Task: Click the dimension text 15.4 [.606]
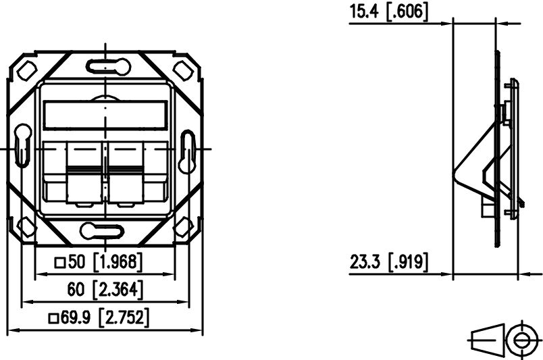coord(388,11)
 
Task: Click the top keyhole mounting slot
coord(106,66)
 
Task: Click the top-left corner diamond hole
coord(28,70)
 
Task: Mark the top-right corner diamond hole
coord(184,70)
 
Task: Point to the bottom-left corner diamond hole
coord(28,226)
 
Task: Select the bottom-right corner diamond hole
coord(184,227)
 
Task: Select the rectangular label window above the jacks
coord(105,115)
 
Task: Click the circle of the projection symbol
coord(520,340)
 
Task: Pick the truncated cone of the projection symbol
coord(488,340)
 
